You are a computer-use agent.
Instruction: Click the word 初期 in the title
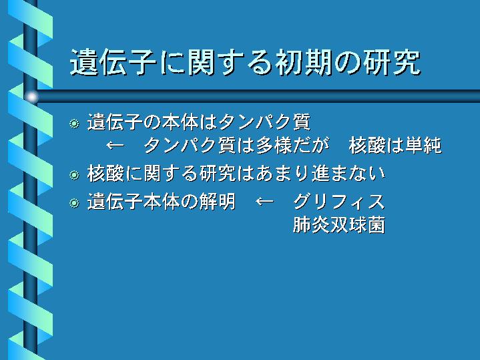[x=304, y=62]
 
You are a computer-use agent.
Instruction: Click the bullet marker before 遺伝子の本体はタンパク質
[x=74, y=124]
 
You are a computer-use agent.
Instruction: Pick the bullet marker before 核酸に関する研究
[x=74, y=175]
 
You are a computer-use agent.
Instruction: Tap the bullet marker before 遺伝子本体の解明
[x=74, y=203]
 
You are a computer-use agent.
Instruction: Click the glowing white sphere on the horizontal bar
[x=31, y=97]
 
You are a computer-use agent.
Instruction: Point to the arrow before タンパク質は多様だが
[x=115, y=145]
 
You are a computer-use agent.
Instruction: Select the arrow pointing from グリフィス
[x=264, y=201]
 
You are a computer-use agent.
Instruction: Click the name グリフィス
[x=339, y=202]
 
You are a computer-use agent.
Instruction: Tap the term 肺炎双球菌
[x=339, y=224]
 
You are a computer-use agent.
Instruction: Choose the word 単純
[x=423, y=145]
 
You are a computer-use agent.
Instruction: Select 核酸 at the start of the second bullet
[x=105, y=174]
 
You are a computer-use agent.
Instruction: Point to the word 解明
[x=218, y=202]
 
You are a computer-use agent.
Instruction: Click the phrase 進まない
[x=348, y=174]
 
